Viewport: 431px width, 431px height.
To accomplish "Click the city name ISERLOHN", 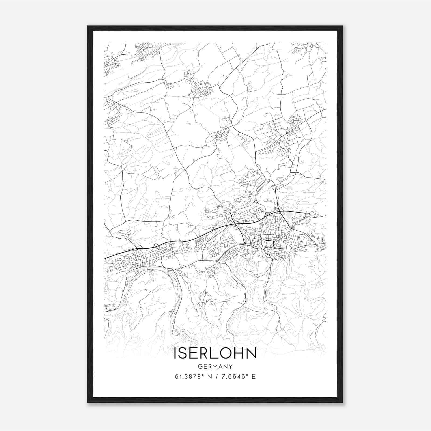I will point(215,353).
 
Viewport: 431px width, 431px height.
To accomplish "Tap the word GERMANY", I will point(215,366).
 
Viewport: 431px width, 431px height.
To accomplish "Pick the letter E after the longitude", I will point(253,377).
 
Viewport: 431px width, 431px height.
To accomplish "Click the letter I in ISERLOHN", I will point(175,353).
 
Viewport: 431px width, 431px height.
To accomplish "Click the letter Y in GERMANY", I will point(231,366).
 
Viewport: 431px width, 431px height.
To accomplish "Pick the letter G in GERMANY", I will point(200,366).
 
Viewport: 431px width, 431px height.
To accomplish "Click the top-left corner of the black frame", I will point(88,26).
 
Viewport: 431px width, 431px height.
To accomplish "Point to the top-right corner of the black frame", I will point(342,26).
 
